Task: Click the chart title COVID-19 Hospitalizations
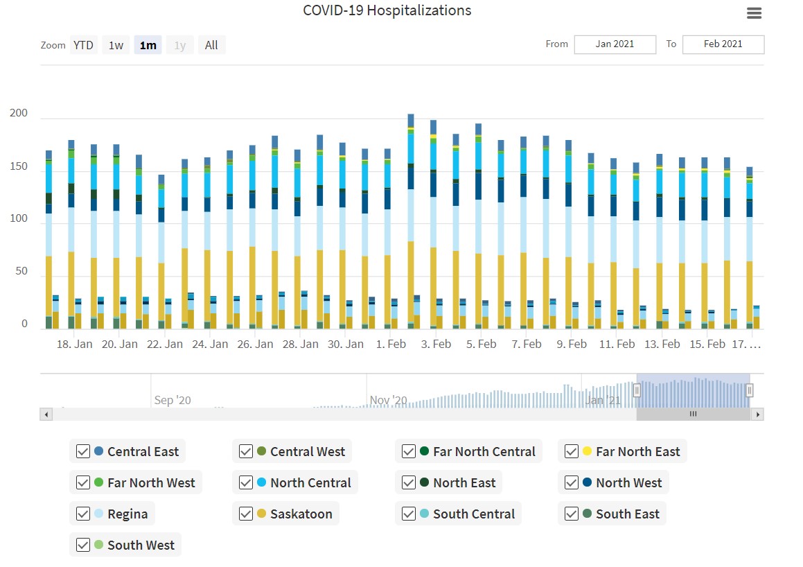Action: tap(387, 11)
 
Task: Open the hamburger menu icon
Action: tap(755, 13)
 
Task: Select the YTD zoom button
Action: tap(83, 45)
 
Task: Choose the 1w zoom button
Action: tap(116, 45)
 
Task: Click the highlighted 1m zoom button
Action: tap(148, 45)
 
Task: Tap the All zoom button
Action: tap(211, 45)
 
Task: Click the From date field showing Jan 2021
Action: tap(615, 44)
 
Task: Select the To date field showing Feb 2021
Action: tap(723, 44)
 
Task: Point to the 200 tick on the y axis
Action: tap(18, 114)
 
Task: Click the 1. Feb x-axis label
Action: tap(391, 344)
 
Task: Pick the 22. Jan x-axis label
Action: tap(165, 344)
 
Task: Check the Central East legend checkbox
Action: tap(83, 451)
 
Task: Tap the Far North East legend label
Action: tap(637, 451)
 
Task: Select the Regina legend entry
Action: tap(127, 514)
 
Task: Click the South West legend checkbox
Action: tap(83, 545)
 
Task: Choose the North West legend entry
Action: tap(628, 482)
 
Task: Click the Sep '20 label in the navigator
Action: tap(173, 400)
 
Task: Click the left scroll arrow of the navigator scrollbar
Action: tap(46, 415)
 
